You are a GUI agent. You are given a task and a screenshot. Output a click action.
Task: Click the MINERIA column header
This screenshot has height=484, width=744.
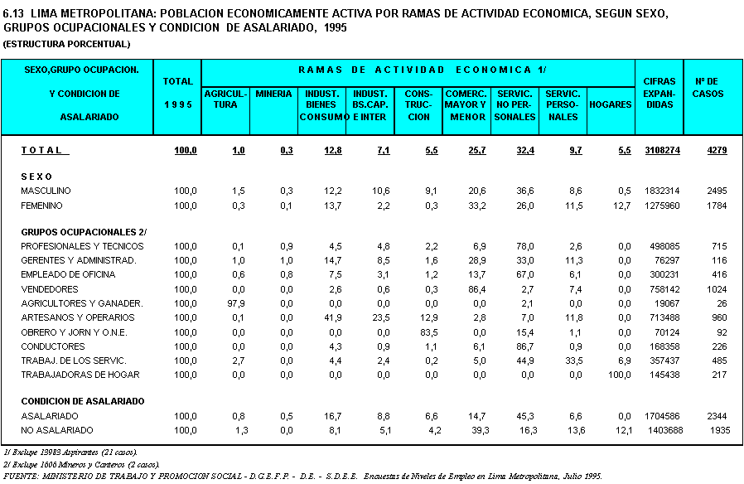[x=273, y=94]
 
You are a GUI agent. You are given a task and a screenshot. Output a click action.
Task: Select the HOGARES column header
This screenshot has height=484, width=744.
[x=610, y=104]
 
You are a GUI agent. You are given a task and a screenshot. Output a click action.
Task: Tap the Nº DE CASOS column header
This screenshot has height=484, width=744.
[x=708, y=87]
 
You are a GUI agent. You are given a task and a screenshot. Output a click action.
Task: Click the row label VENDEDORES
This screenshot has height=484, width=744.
[x=50, y=289]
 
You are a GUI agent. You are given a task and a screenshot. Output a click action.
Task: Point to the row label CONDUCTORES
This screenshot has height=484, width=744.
[x=53, y=346]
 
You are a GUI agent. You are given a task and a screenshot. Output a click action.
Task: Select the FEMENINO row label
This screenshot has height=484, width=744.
[x=41, y=206]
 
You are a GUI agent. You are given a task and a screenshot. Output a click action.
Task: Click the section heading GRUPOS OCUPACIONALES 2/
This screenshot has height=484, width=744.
[x=84, y=232]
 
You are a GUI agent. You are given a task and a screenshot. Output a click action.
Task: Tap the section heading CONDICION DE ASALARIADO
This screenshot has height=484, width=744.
[x=83, y=401]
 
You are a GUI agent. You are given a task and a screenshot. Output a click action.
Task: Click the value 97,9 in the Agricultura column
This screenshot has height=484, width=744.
[x=236, y=303]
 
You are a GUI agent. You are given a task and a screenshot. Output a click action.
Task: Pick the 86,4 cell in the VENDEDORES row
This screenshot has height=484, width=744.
[x=477, y=289]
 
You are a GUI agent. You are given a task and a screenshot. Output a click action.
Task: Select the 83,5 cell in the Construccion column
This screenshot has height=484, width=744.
[x=429, y=332]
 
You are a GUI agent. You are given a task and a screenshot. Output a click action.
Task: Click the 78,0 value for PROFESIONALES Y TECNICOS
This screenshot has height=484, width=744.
[x=524, y=246]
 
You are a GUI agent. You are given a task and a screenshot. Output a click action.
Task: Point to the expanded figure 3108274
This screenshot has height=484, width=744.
[x=662, y=150]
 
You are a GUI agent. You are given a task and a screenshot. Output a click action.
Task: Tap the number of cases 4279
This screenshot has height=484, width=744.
[x=717, y=150]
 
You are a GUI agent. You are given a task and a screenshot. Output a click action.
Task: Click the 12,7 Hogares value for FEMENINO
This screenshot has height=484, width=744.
[x=621, y=206]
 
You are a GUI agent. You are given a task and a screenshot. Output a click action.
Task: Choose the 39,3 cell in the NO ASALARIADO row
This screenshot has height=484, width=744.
[x=480, y=430]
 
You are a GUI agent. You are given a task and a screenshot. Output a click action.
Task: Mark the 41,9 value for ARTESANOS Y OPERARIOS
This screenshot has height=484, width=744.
[x=332, y=317]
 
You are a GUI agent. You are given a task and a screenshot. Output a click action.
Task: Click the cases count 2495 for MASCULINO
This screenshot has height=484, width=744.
[x=717, y=191]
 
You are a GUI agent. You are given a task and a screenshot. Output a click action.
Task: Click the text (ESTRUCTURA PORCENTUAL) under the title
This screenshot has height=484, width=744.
[x=66, y=44]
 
